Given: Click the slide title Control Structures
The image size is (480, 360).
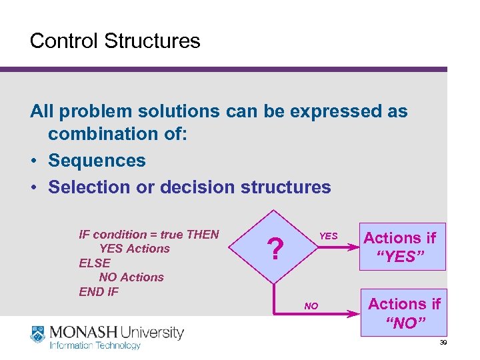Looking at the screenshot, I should [115, 41].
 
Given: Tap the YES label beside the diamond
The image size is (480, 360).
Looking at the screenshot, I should [328, 236].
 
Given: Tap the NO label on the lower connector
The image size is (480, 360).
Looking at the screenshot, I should [311, 306].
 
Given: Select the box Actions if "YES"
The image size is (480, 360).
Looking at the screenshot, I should [399, 247].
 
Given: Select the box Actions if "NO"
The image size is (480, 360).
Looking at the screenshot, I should [404, 313].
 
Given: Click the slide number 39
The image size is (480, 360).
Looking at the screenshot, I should [443, 342].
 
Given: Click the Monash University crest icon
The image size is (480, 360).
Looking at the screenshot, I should [38, 335].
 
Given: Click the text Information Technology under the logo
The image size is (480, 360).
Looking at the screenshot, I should [95, 345].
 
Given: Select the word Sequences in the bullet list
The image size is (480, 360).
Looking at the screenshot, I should [97, 161].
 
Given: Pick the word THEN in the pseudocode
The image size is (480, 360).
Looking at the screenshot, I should [202, 235].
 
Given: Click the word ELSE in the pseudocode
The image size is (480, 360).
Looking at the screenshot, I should [95, 263].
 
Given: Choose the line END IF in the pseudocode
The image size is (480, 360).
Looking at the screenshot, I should [99, 291].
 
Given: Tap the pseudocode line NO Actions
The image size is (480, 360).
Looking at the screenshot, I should [131, 277].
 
